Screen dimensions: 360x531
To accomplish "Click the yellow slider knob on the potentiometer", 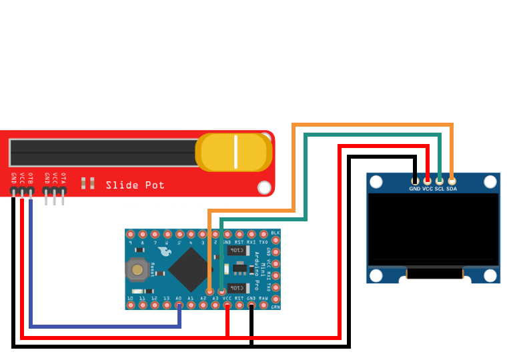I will pyautogui.click(x=234, y=152).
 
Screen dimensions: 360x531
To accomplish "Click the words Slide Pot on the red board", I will pyautogui.click(x=135, y=185).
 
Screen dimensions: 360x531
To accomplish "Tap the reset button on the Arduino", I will pyautogui.click(x=137, y=269).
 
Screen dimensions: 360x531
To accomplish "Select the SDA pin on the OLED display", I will pyautogui.click(x=452, y=181).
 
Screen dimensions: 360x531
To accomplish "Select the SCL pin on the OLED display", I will pyautogui.click(x=440, y=181).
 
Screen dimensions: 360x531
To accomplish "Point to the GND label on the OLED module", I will pyautogui.click(x=415, y=189).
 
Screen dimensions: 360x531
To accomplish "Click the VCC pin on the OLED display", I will pyautogui.click(x=428, y=181).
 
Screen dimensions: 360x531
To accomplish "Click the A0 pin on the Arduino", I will pyautogui.click(x=179, y=305).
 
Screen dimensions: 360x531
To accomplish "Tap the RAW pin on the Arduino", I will pyautogui.click(x=263, y=305).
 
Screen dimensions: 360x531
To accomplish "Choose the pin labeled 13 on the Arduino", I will pyautogui.click(x=167, y=305).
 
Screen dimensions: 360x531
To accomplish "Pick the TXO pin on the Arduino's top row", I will pyautogui.click(x=263, y=235).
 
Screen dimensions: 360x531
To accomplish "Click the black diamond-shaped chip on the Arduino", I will pyautogui.click(x=191, y=269).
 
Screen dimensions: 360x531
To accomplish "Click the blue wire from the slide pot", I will pyautogui.click(x=100, y=327).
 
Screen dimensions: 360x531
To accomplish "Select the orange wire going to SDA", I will pyautogui.click(x=374, y=125).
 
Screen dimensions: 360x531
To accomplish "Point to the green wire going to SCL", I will pyautogui.click(x=374, y=135).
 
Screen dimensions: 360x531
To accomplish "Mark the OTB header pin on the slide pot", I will pyautogui.click(x=31, y=192).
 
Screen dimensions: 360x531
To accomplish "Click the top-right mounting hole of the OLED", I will pyautogui.click(x=490, y=181).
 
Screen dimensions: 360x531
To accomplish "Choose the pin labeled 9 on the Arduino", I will pyautogui.click(x=130, y=235).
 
